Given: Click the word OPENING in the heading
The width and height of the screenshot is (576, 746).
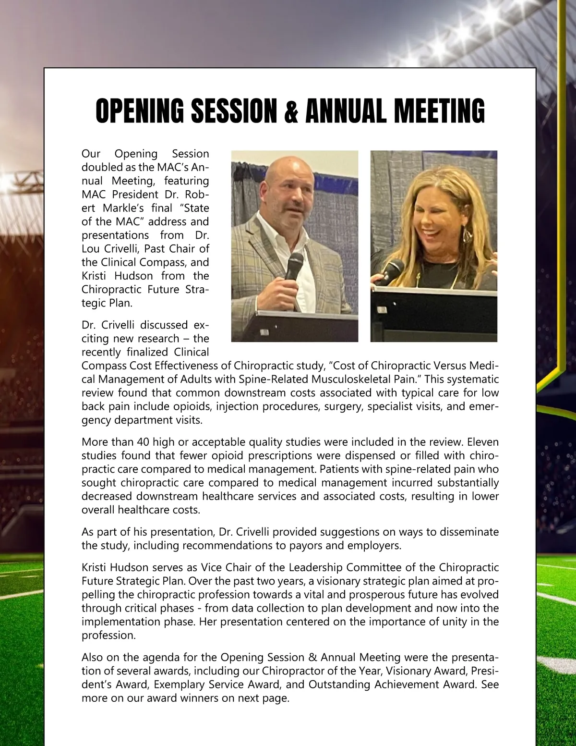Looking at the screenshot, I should click(139, 111).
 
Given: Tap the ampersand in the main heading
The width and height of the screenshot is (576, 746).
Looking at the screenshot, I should click(291, 112).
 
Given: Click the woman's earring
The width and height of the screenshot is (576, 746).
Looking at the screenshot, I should click(467, 235).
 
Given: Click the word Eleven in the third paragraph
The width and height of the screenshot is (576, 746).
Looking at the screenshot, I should click(483, 442).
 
